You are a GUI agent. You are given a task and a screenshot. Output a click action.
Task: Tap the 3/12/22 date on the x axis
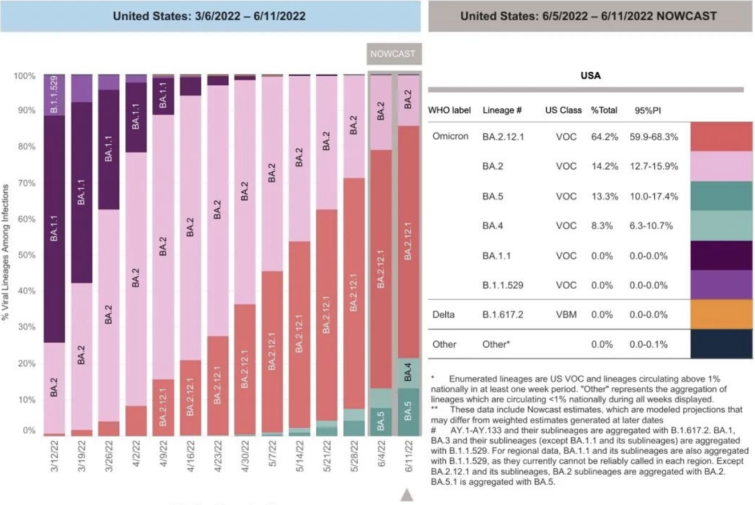(55, 454)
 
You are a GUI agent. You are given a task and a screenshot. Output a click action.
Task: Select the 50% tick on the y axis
(26, 255)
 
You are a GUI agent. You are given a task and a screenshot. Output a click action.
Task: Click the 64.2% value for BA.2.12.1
(604, 136)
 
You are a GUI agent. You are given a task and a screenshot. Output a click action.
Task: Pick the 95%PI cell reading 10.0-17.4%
(653, 196)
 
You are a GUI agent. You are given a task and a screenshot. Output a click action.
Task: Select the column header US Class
(561, 110)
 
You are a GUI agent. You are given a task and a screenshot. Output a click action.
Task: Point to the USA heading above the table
(591, 75)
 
